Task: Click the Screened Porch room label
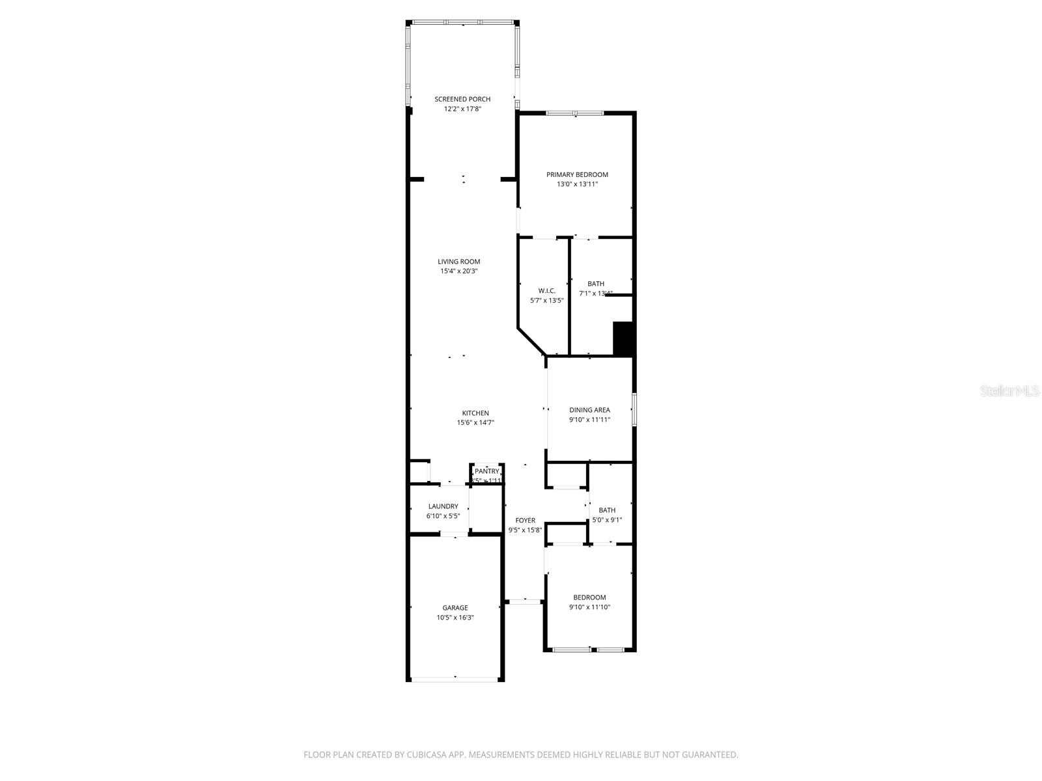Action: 462,99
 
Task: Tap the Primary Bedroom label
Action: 577,174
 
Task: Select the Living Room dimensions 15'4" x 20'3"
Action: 458,271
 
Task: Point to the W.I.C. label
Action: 546,290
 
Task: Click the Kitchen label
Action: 475,413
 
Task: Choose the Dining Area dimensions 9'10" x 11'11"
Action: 589,420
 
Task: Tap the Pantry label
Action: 486,471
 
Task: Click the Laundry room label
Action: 443,506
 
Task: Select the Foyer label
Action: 525,520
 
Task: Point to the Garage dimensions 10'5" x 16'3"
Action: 455,618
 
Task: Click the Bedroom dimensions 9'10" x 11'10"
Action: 589,607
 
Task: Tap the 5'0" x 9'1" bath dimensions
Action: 607,520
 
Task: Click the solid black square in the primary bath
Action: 623,338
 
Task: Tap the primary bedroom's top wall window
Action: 574,113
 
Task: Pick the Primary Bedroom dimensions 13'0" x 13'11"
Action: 577,184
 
